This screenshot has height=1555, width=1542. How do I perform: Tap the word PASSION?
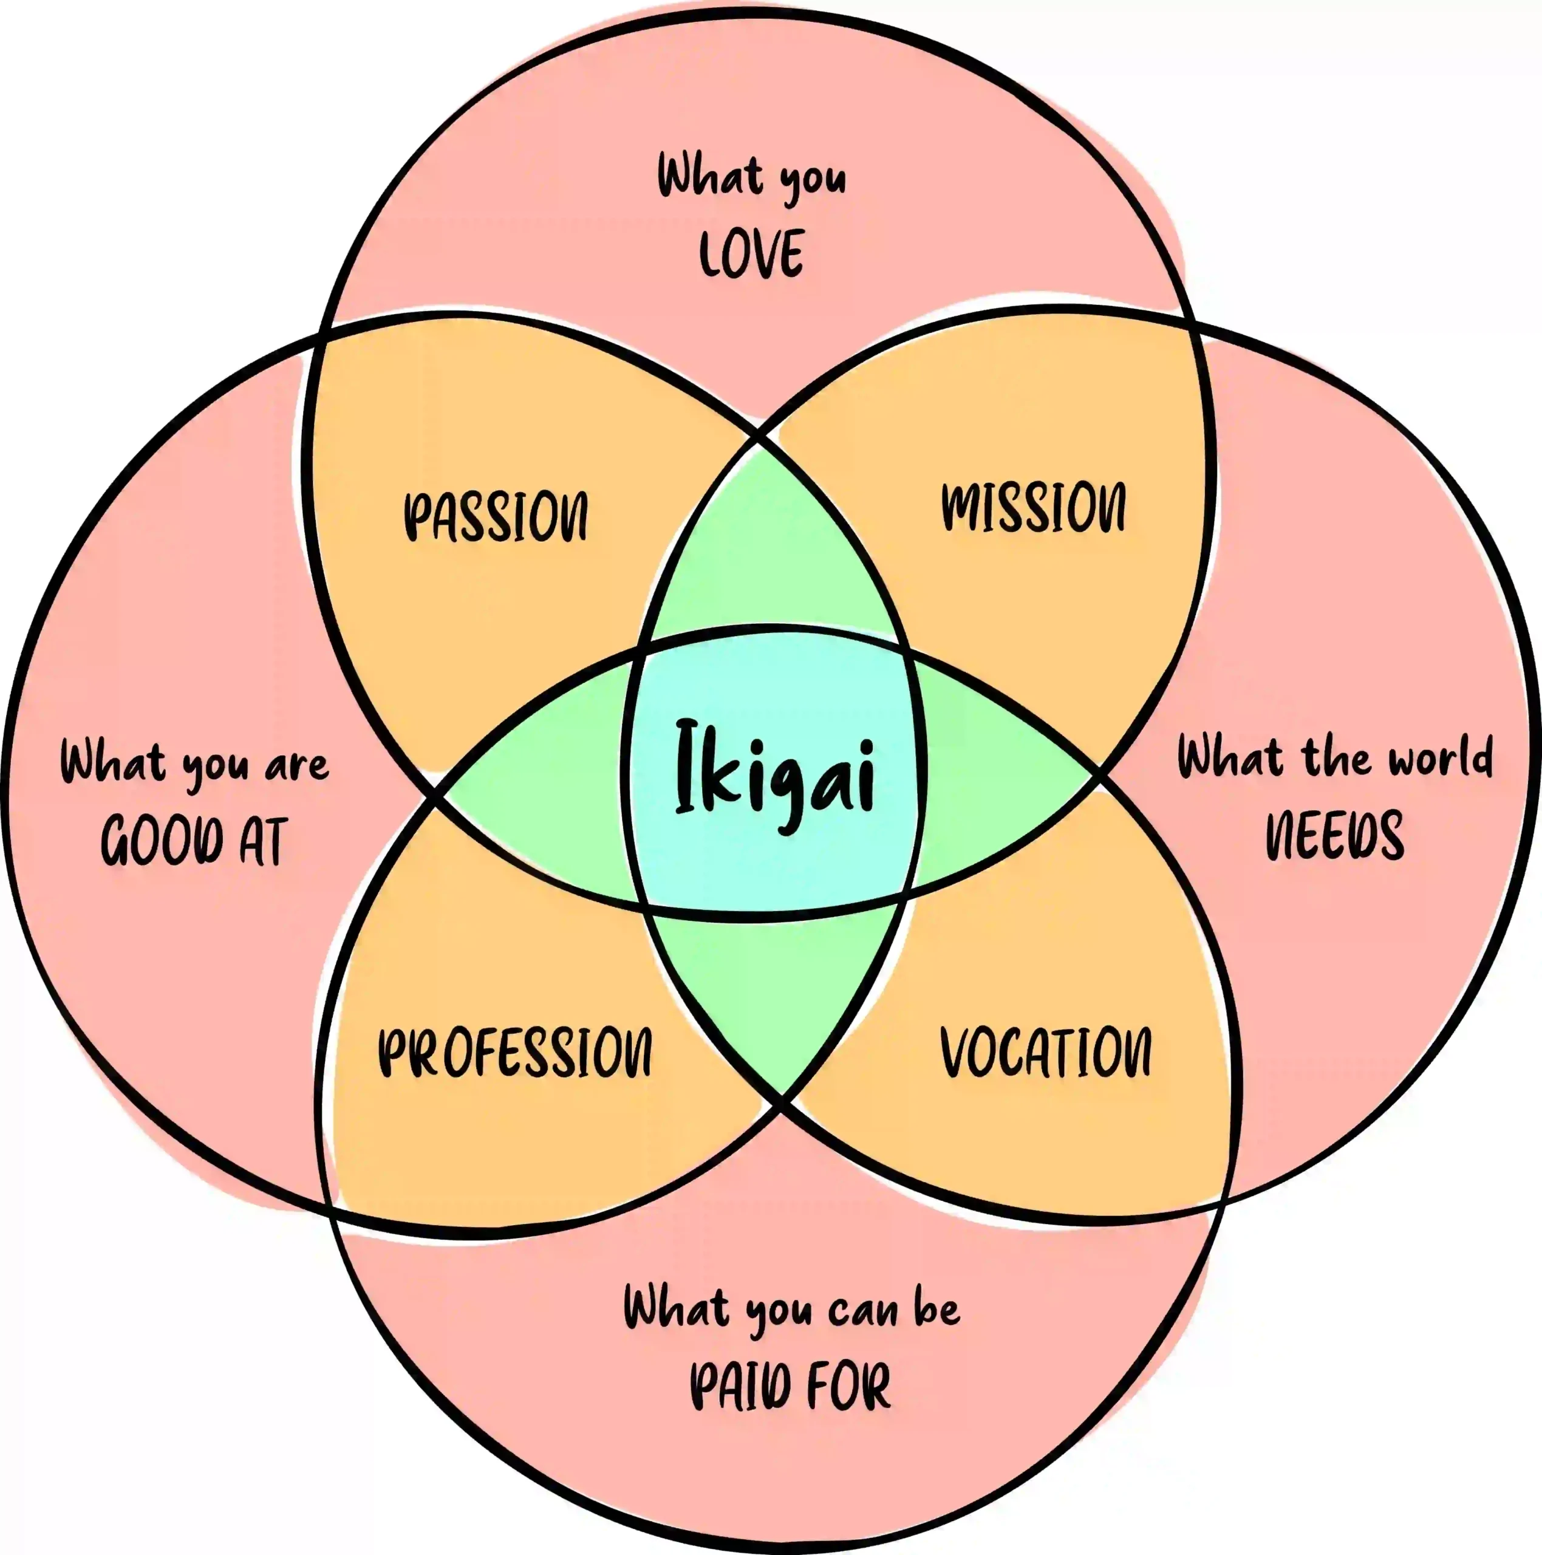point(495,515)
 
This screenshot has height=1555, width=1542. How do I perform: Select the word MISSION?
point(1034,507)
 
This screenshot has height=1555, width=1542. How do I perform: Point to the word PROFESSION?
point(515,1052)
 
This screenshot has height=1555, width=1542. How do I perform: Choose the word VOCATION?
point(1045,1052)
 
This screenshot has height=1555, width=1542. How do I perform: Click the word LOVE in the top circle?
point(751,253)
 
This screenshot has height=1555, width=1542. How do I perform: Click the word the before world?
point(1336,758)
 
